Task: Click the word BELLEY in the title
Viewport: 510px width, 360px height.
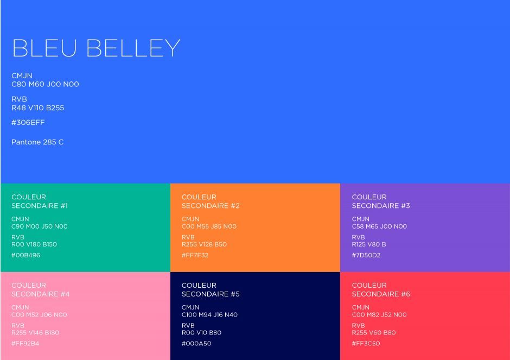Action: coord(133,48)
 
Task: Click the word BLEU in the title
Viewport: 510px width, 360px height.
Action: coord(44,48)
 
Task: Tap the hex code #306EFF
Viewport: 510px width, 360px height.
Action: coord(28,122)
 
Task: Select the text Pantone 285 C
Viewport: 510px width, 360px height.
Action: coord(37,142)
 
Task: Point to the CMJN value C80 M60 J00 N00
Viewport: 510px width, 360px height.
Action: coord(45,84)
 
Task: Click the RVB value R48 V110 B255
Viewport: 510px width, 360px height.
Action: coord(38,108)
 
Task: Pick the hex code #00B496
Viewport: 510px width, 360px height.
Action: coord(25,255)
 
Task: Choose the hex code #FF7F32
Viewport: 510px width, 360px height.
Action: coord(195,255)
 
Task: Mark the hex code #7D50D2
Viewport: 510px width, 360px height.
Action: coord(366,255)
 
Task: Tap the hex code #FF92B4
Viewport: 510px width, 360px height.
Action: coord(25,343)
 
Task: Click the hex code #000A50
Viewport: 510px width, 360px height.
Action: coord(196,343)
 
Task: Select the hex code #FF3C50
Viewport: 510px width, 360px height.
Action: coord(366,343)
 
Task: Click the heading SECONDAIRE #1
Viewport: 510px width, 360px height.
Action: coord(40,206)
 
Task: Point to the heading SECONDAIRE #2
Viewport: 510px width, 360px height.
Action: coord(211,206)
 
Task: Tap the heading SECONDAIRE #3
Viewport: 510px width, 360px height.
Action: coord(381,206)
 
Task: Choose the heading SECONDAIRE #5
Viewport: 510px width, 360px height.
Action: coord(211,294)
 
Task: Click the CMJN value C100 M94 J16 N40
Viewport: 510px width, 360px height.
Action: coord(209,315)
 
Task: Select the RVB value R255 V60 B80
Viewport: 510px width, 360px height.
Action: coord(374,333)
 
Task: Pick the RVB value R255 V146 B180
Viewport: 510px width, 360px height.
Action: coord(35,333)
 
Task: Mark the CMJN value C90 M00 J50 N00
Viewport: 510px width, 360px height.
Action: coord(40,226)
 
